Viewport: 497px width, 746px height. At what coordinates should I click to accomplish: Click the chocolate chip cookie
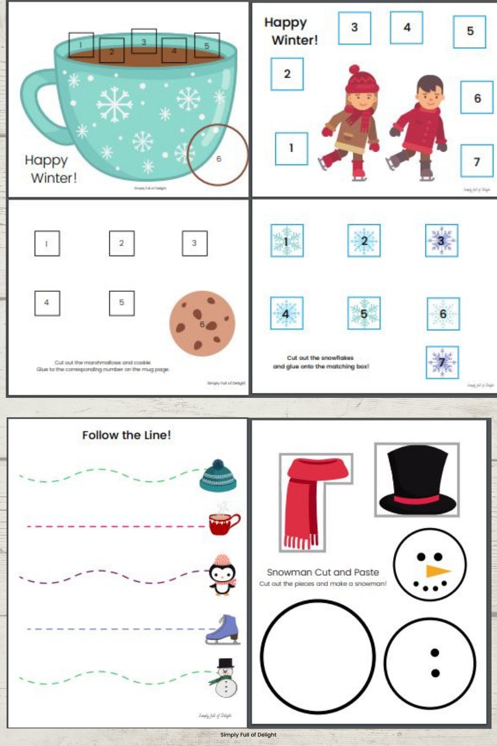202,323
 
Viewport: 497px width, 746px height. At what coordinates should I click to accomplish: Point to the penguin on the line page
222,574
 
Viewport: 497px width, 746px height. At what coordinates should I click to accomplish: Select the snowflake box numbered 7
442,362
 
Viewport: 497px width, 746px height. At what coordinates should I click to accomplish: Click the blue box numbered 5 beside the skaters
469,31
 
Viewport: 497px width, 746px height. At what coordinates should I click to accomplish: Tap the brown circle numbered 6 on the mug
218,155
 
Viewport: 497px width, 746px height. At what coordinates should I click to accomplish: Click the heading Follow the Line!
126,435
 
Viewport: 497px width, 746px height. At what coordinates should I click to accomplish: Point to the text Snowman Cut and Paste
323,572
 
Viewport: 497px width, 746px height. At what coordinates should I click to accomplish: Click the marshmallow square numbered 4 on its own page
47,303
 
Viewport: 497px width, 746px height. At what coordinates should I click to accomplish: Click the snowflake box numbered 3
441,241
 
